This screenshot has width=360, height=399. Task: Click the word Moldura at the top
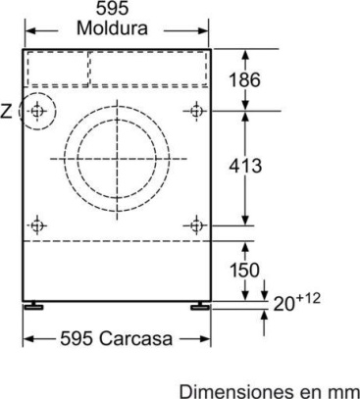tap(112, 27)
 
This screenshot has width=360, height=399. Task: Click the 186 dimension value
tap(245, 79)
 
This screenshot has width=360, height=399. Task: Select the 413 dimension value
tap(245, 166)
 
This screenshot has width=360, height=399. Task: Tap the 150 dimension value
tap(244, 270)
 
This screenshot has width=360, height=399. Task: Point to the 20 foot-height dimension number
tap(283, 304)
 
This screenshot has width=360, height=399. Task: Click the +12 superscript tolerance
tap(307, 299)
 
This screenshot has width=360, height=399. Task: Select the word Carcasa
tap(135, 338)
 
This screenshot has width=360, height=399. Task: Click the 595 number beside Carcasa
tap(77, 338)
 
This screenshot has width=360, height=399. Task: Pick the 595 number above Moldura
tap(112, 8)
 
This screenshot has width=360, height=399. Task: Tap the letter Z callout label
tap(6, 112)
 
